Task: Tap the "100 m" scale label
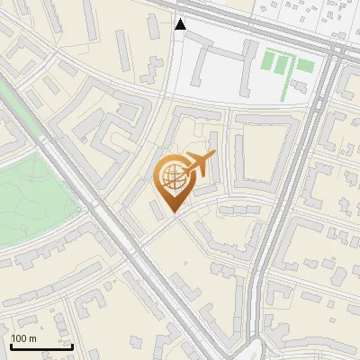[23, 338]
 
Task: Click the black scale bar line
[41, 346]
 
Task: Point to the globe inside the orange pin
[172, 176]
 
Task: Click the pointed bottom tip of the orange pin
[174, 212]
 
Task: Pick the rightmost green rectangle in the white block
[305, 66]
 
